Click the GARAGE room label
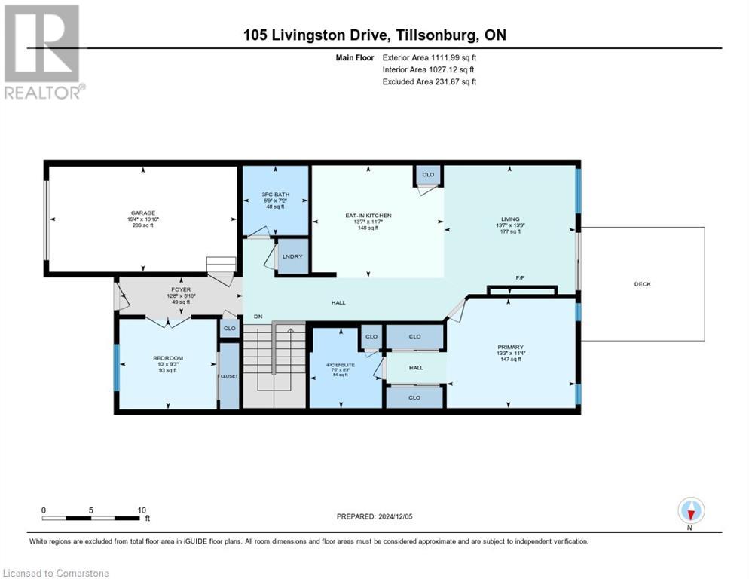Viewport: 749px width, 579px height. [x=142, y=213]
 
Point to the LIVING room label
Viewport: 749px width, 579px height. [x=510, y=219]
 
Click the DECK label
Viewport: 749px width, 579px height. [x=642, y=284]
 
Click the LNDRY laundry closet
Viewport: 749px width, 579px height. [x=292, y=257]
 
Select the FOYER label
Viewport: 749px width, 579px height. [x=181, y=289]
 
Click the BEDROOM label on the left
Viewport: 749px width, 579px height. [x=167, y=358]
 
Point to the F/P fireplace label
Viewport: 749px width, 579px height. [x=520, y=278]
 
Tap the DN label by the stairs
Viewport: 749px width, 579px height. [x=258, y=316]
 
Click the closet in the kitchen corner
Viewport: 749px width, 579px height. [x=427, y=175]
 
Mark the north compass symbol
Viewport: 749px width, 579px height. [x=691, y=511]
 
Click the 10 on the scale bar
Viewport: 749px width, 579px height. [x=142, y=510]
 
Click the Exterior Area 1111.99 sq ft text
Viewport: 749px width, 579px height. [x=430, y=57]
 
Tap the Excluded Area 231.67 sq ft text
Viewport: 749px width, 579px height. [x=430, y=81]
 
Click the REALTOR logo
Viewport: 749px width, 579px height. [x=42, y=53]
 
